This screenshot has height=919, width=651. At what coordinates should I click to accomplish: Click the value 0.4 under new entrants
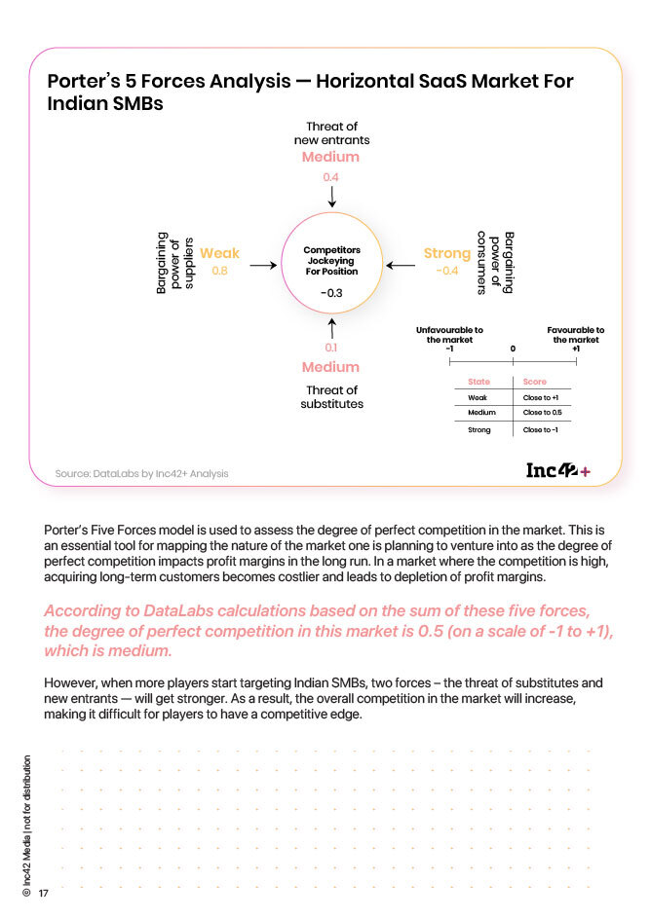tap(331, 177)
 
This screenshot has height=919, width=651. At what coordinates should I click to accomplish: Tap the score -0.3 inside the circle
tap(331, 293)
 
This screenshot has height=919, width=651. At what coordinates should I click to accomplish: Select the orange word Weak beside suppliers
tap(219, 254)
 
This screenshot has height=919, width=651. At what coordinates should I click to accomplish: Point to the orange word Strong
tap(447, 254)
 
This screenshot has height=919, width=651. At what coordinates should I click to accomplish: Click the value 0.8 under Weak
tap(219, 271)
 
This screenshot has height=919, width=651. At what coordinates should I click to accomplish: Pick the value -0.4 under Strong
tap(447, 271)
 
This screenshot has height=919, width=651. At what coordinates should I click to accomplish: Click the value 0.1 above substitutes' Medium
tap(331, 348)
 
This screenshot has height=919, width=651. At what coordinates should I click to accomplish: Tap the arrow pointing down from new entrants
tap(331, 197)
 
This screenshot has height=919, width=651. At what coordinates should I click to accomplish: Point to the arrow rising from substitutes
tap(331, 327)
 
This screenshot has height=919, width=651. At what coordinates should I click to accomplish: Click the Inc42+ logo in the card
tap(557, 471)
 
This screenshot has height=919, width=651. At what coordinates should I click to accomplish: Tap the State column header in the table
tap(479, 382)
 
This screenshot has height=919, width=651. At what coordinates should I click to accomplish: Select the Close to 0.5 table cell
tap(542, 413)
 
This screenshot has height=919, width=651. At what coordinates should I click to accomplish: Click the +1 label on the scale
tap(576, 349)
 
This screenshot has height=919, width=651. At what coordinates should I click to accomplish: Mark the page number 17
tap(44, 894)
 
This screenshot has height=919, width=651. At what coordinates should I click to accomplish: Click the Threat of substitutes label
tap(331, 397)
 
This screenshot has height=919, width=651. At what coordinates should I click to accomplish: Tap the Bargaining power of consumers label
tap(495, 262)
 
